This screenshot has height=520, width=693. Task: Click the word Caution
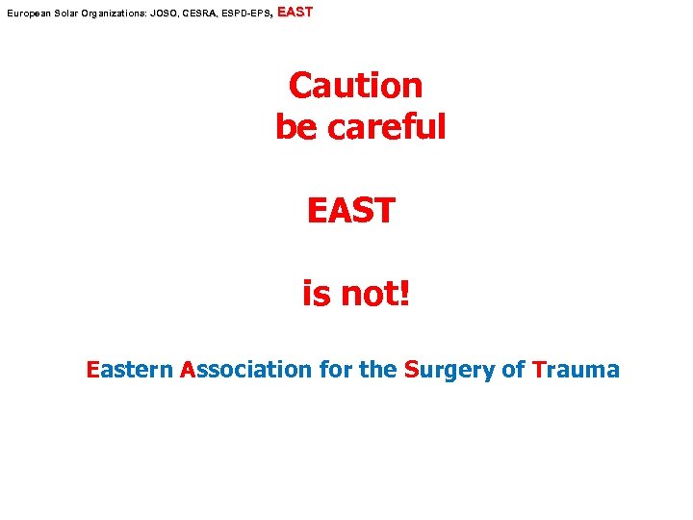pyautogui.click(x=356, y=86)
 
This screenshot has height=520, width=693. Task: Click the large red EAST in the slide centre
pyautogui.click(x=350, y=210)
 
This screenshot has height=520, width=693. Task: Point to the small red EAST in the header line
pyautogui.click(x=295, y=13)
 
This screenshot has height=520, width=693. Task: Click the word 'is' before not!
pyautogui.click(x=316, y=294)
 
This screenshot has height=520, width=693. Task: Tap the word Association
pyautogui.click(x=245, y=369)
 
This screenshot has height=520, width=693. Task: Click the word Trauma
pyautogui.click(x=576, y=369)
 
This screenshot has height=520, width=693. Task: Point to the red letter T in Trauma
pyautogui.click(x=538, y=369)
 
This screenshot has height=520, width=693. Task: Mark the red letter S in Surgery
pyautogui.click(x=412, y=369)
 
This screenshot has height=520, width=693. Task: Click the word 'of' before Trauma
pyautogui.click(x=513, y=369)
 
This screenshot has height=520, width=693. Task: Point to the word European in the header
pyautogui.click(x=27, y=15)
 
